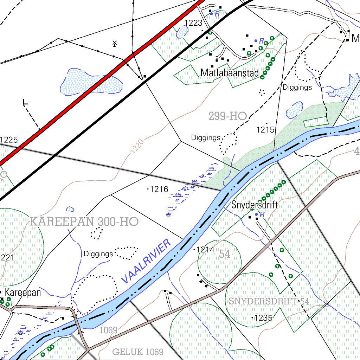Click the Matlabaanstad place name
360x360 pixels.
pyautogui.click(x=230, y=73)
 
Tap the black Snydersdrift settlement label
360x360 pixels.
pyautogui.click(x=255, y=205)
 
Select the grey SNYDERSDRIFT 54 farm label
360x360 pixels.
pyautogui.click(x=269, y=301)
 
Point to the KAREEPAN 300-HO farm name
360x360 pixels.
pyautogui.click(x=84, y=222)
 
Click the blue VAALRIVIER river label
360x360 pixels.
pyautogui.click(x=146, y=261)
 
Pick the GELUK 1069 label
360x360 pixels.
pyautogui.click(x=138, y=352)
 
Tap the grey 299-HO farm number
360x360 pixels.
pyautogui.click(x=227, y=116)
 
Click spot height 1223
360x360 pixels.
pyautogui.click(x=194, y=23)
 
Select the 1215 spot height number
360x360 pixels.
pyautogui.click(x=265, y=130)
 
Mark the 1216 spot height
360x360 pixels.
pyautogui.click(x=159, y=189)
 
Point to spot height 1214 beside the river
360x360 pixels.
pyautogui.click(x=205, y=250)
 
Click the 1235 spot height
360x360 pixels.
pyautogui.click(x=263, y=318)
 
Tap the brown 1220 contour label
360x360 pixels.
pyautogui.click(x=137, y=147)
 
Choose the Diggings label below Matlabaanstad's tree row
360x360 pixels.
pyautogui.click(x=297, y=87)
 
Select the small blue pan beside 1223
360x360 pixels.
pyautogui.click(x=182, y=32)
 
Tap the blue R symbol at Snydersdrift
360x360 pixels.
pyautogui.click(x=262, y=214)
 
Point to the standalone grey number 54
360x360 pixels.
pyautogui.click(x=225, y=254)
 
